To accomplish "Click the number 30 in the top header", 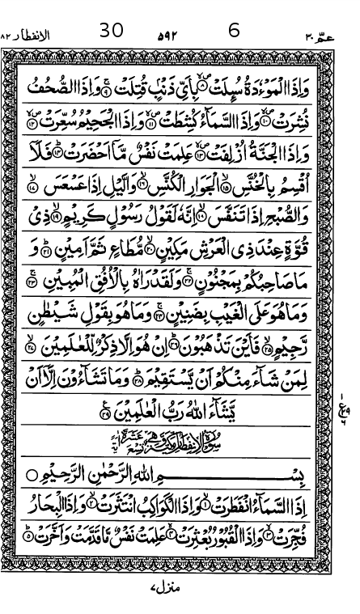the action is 112,31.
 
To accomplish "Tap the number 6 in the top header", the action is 235,31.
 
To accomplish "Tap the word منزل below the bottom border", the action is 167,588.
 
